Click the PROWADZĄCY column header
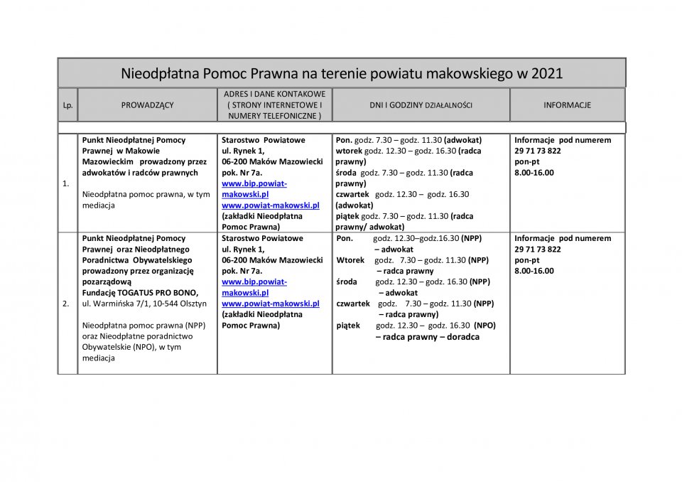[147, 105]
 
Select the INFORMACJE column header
[567, 105]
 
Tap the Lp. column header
[67, 105]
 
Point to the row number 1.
[66, 183]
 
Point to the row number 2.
[66, 304]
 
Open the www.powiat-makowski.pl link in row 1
[270, 205]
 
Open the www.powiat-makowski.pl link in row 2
[270, 304]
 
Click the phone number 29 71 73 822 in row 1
[538, 151]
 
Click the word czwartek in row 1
[352, 194]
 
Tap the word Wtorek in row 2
[351, 260]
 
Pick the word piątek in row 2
[348, 326]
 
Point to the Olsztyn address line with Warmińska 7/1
[144, 304]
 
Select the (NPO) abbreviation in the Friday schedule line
[485, 326]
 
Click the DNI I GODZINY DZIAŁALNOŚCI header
[421, 105]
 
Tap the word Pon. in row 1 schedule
[344, 140]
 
